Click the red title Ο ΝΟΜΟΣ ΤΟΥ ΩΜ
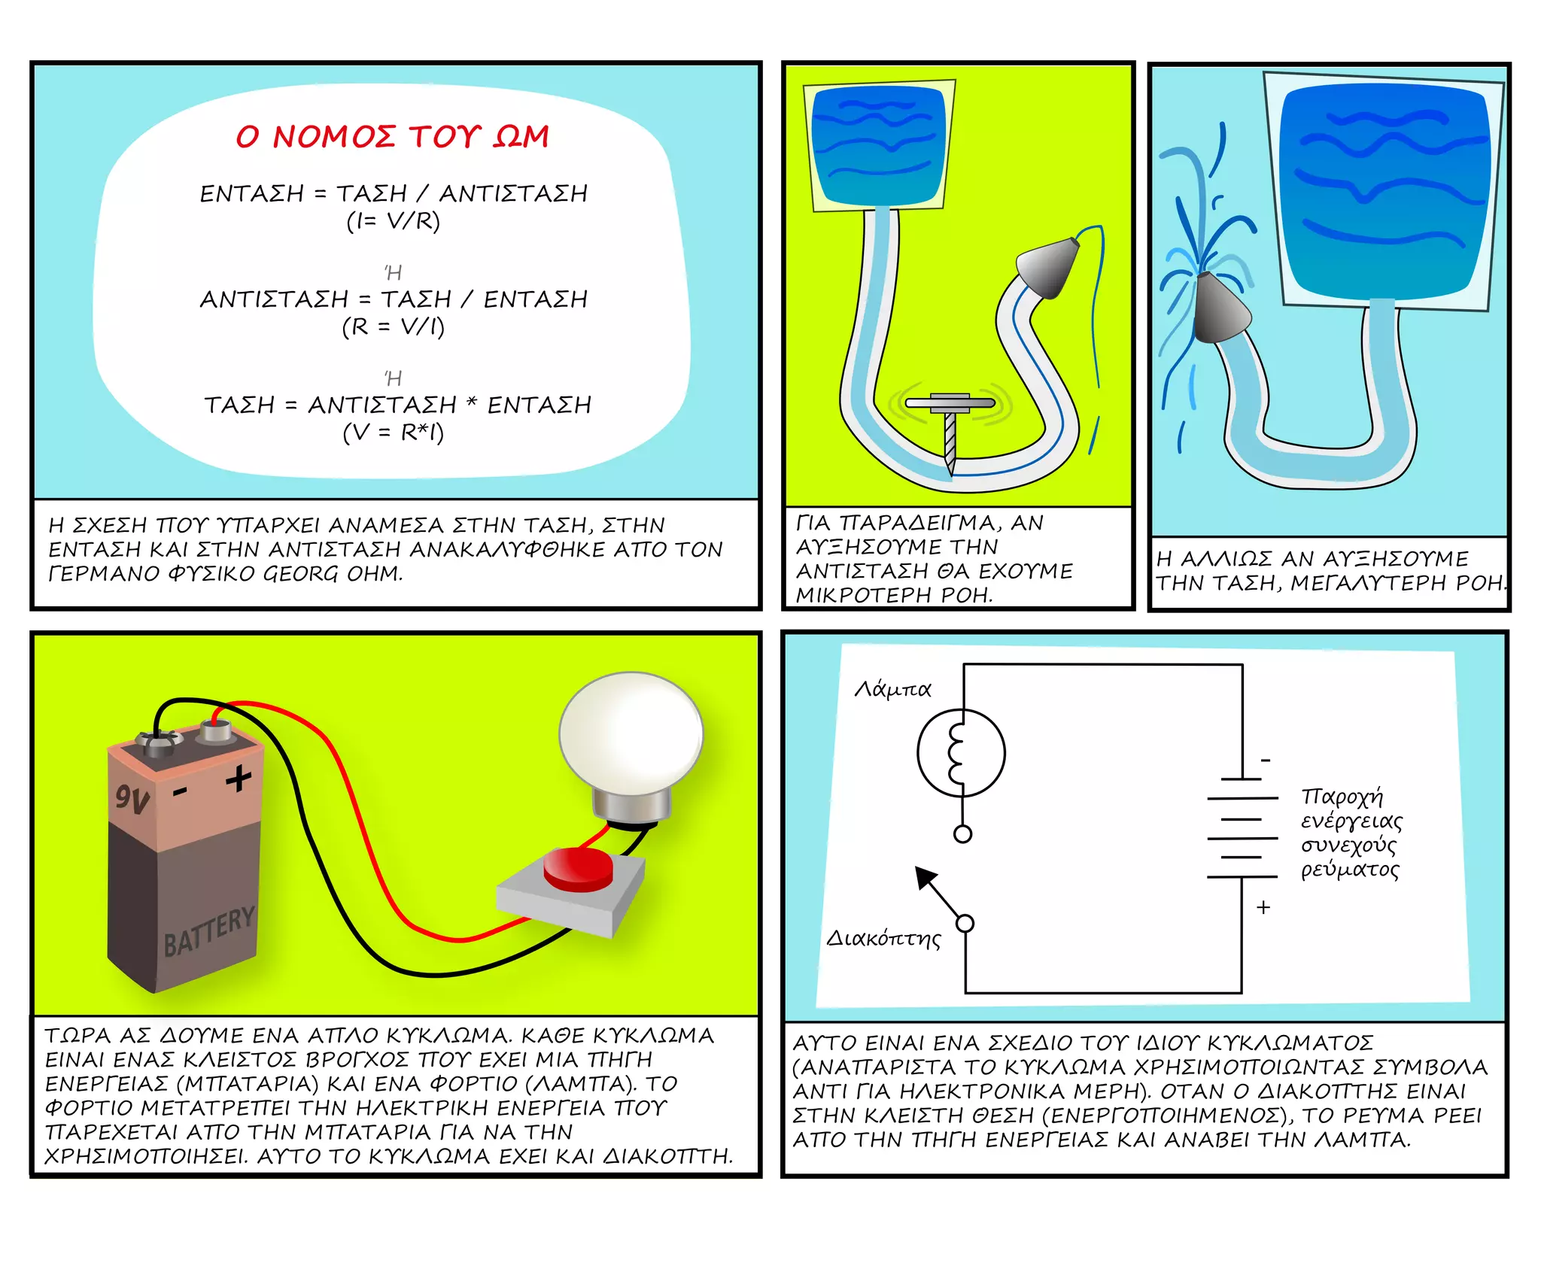(392, 137)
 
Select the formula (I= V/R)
(393, 221)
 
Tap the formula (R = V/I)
(393, 327)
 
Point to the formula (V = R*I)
(393, 433)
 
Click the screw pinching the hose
(950, 429)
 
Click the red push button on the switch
(578, 870)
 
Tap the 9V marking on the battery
(132, 798)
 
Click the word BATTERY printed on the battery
(209, 932)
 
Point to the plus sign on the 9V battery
(239, 779)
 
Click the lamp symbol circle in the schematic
(961, 752)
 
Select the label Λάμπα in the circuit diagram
(892, 689)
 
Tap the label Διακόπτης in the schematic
(883, 939)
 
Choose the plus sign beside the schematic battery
(1263, 907)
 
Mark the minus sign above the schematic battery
(1266, 760)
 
